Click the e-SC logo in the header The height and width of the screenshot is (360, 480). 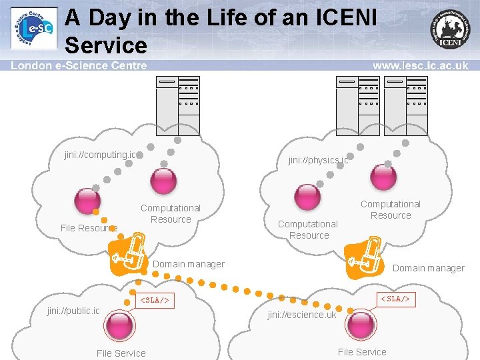tap(33, 29)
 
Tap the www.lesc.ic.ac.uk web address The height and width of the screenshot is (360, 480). tap(420, 65)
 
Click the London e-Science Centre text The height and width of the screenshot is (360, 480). tap(79, 65)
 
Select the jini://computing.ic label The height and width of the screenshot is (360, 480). tap(100, 155)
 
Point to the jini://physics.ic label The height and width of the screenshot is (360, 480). tap(318, 160)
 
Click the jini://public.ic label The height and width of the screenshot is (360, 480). tap(73, 311)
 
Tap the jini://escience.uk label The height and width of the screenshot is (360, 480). tap(302, 315)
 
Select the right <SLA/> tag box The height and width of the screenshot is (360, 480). tap(395, 299)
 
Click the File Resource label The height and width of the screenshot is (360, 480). tap(89, 228)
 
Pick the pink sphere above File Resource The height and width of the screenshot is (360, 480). tap(88, 200)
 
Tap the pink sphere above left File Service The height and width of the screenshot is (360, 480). tap(121, 325)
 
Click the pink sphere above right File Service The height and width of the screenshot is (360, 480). tap(361, 324)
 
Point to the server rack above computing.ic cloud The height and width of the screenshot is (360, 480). tap(177, 105)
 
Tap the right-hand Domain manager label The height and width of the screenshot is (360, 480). tap(428, 268)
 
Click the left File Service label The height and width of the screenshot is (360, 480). tap(121, 353)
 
